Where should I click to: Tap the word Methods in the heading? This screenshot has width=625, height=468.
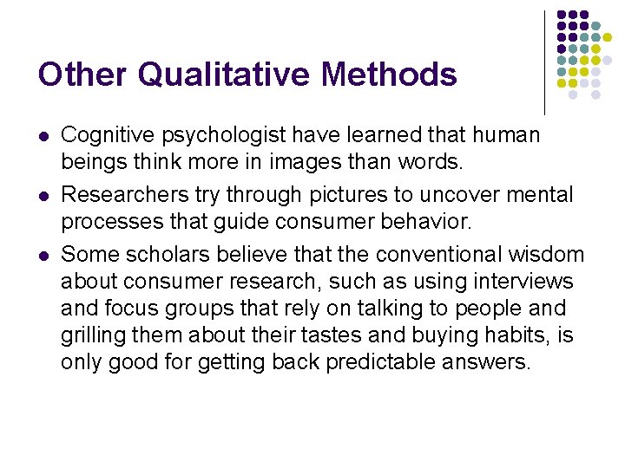coord(390,75)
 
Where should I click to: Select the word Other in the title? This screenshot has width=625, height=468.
coord(82,75)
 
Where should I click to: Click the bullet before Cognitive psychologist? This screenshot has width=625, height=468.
coord(43,137)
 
